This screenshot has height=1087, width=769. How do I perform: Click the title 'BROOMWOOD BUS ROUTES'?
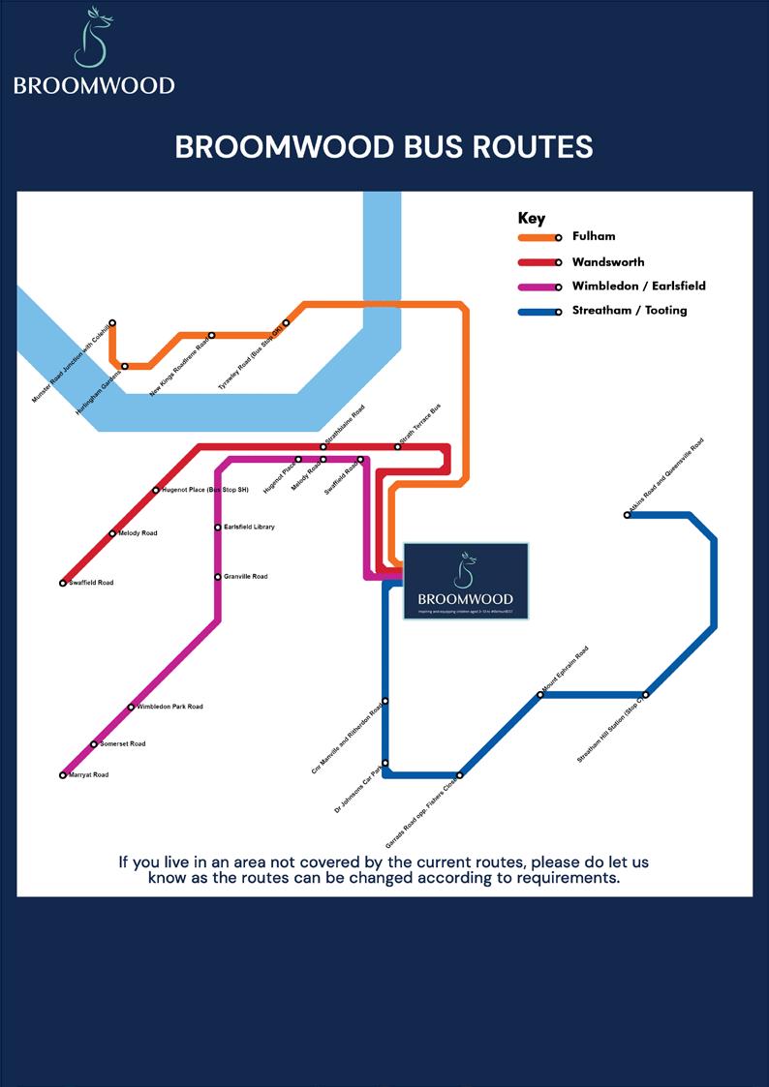point(384,147)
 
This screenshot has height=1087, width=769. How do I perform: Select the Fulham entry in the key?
point(593,236)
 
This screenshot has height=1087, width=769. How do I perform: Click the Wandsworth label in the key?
point(607,261)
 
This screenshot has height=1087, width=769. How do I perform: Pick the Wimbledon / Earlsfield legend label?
point(638,287)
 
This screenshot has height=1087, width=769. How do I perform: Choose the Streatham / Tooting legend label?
point(629,311)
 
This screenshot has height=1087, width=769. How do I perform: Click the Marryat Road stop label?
point(88,775)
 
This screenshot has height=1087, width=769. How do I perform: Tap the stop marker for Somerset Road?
point(94,744)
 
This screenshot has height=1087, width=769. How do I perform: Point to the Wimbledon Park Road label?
point(169,707)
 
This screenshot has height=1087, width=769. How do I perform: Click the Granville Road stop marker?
point(218,577)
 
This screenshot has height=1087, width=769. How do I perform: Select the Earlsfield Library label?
point(249,528)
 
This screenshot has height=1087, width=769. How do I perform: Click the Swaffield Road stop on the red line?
point(63,583)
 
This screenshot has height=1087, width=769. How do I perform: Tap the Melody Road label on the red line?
point(138,533)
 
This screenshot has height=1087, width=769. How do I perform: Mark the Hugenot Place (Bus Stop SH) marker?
point(155,490)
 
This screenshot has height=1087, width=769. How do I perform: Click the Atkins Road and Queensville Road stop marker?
point(628,515)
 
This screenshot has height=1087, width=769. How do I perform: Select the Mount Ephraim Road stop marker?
point(540,695)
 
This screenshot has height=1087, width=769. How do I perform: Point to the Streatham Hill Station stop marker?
point(646,694)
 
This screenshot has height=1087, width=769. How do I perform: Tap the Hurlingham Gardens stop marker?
point(125,366)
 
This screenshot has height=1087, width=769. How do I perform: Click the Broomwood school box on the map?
point(466,581)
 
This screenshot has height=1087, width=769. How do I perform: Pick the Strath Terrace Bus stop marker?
point(398,446)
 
